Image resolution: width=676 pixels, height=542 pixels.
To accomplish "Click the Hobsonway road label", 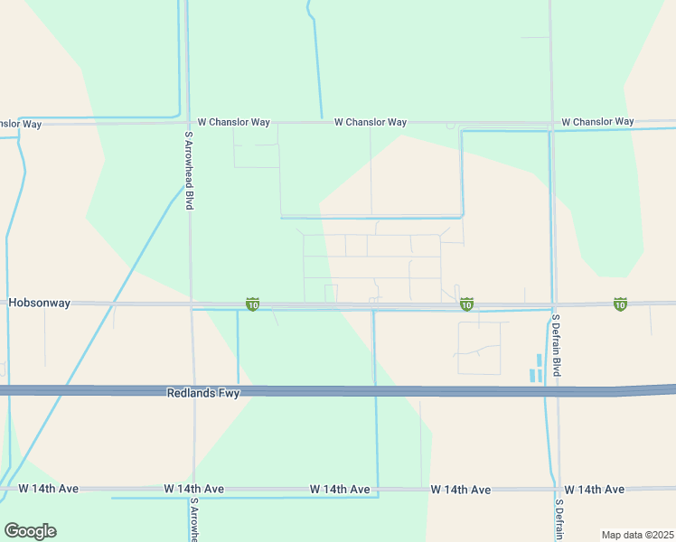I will pos(39,304).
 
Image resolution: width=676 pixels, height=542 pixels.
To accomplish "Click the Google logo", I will pos(30,531).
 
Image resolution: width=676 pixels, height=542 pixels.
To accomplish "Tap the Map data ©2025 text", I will pos(638,535).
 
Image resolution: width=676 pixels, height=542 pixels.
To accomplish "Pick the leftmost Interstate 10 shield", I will pos(253,305).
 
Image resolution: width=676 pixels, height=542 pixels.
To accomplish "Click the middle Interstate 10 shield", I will pos(466,305).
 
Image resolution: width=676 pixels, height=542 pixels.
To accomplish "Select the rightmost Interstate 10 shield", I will pos(620,305).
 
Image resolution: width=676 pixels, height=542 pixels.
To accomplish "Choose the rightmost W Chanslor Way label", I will pos(597,121).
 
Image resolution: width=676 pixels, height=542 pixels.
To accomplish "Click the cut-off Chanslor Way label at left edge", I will pos(21,124).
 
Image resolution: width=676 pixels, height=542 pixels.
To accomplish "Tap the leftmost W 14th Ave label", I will pos(49,489).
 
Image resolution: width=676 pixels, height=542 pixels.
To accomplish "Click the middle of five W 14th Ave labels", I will pos(340,489).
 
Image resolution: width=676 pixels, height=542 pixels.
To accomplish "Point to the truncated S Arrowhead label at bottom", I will pos(193,519).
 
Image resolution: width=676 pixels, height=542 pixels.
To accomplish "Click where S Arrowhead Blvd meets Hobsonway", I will pos(191,304).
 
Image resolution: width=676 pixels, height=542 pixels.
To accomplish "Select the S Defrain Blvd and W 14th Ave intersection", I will pos(559,489).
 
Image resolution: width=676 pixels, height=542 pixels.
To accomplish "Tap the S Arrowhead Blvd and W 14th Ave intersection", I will pos(192,489).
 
